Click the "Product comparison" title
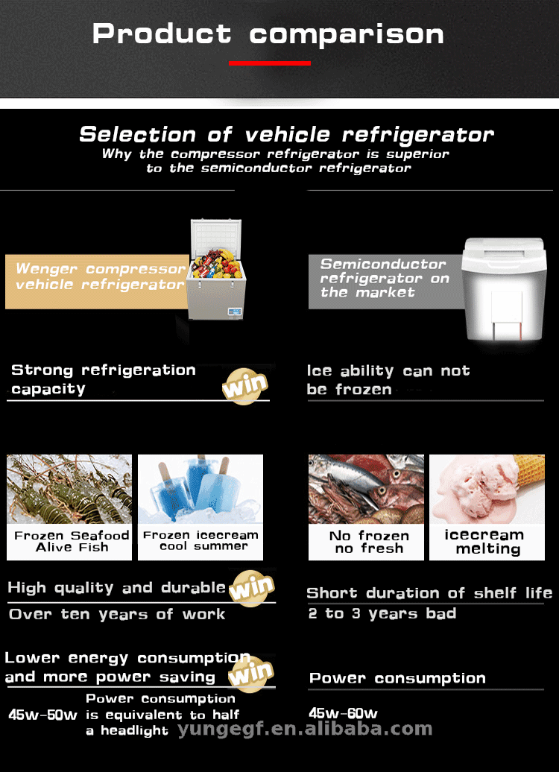tap(268, 34)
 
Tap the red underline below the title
tap(270, 63)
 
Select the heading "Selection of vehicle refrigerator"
tap(286, 135)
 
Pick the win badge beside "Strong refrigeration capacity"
tap(244, 386)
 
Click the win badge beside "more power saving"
tap(249, 675)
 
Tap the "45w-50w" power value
tap(42, 715)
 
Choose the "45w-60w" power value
tap(343, 713)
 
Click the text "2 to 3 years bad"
tap(382, 614)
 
